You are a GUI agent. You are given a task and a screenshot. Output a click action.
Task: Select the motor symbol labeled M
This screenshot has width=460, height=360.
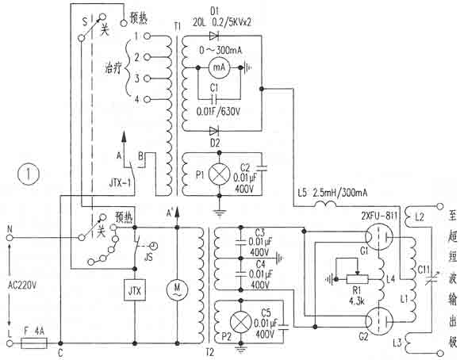click(x=178, y=289)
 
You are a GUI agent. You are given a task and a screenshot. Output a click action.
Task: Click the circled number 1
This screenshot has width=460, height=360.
click(x=26, y=174)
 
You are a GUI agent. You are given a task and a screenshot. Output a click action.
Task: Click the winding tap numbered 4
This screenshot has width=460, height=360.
click(x=136, y=98)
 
